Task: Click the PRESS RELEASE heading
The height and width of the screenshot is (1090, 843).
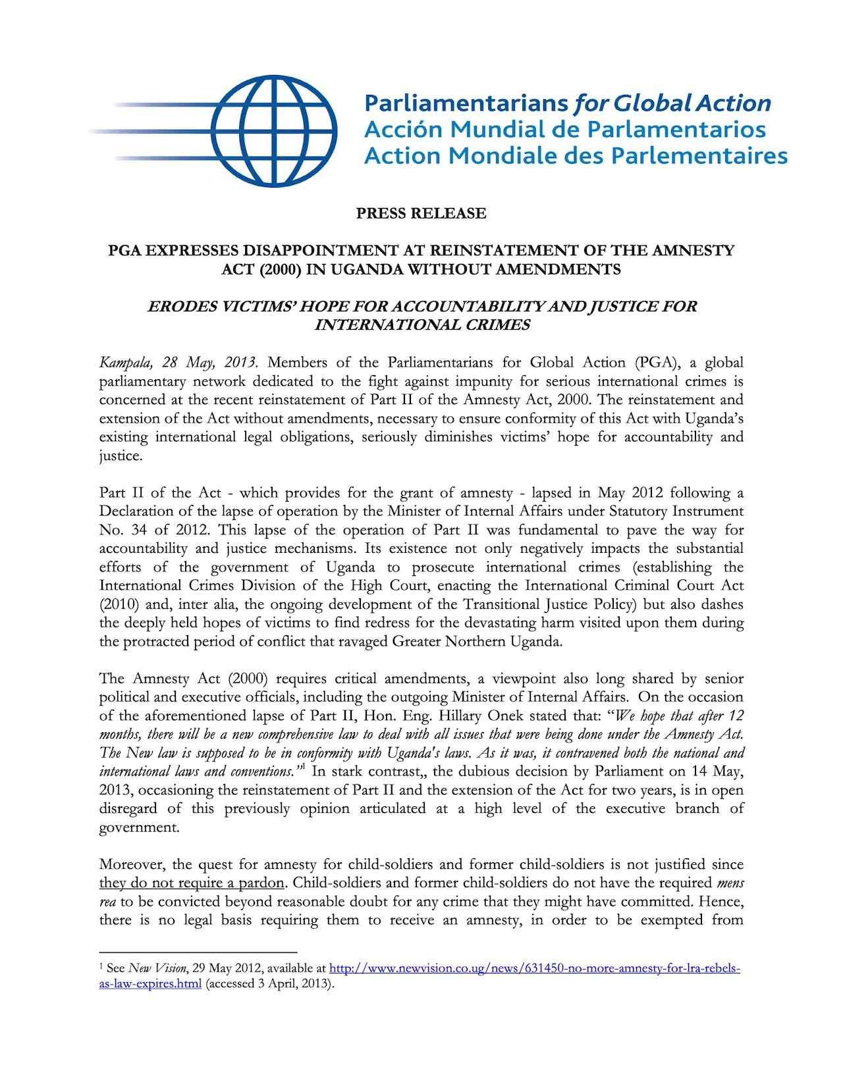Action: (421, 213)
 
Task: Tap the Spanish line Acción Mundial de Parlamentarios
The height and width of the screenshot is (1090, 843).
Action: (565, 129)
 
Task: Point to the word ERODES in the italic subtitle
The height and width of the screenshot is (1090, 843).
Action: (176, 306)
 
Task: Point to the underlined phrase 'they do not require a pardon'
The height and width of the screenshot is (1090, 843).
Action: (192, 883)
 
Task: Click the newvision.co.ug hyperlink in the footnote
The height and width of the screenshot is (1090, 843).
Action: (535, 969)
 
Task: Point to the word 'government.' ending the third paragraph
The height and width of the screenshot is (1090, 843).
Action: (139, 827)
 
